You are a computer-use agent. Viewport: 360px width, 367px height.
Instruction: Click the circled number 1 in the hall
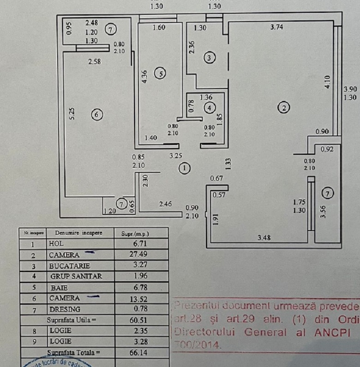click(x=185, y=168)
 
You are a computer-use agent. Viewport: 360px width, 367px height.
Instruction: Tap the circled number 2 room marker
click(x=283, y=108)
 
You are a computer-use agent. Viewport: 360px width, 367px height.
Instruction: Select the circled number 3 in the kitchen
click(x=210, y=58)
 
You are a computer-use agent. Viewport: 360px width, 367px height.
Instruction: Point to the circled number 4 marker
click(x=210, y=107)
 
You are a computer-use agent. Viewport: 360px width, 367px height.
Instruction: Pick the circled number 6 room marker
click(x=96, y=115)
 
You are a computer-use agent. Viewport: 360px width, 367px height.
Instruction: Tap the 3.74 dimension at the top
click(x=276, y=27)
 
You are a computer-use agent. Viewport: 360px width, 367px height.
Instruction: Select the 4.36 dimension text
click(x=145, y=76)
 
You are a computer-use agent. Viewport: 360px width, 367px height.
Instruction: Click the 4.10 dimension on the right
click(x=327, y=82)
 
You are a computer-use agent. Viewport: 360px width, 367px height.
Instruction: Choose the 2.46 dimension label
click(x=166, y=203)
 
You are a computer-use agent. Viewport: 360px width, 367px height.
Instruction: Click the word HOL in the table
click(x=56, y=244)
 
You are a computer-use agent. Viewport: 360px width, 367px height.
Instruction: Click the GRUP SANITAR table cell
click(x=76, y=277)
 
